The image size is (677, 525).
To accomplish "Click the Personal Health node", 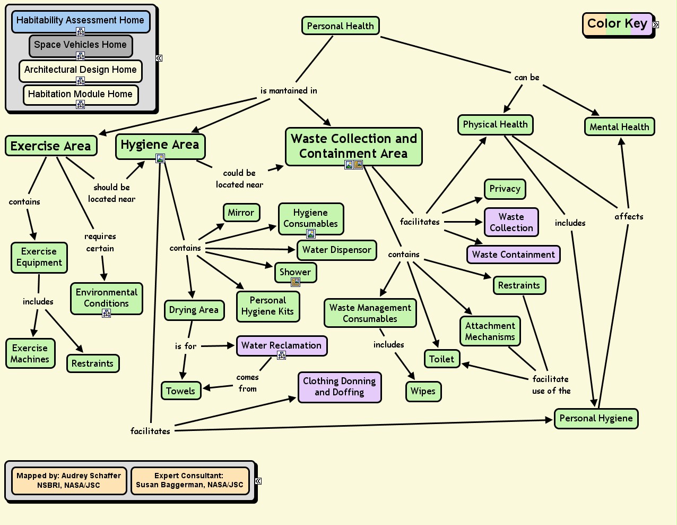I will [x=340, y=26].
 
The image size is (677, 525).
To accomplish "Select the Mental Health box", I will [x=619, y=127].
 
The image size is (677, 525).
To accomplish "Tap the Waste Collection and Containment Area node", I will [x=353, y=146].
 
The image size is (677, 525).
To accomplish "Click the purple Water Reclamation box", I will [x=281, y=345].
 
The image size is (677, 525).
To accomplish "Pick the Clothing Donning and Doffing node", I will [x=339, y=387].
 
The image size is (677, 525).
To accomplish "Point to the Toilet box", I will [x=441, y=359].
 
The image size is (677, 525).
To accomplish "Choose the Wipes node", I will [x=423, y=392].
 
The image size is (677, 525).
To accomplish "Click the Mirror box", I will [x=241, y=213].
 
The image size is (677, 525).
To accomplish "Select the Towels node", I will [x=180, y=391].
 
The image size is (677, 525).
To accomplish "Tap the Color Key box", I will [x=617, y=24].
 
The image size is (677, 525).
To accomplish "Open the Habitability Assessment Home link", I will [x=80, y=20].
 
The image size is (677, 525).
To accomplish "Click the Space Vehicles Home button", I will [x=80, y=45].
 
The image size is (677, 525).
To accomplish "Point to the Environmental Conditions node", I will [x=106, y=298].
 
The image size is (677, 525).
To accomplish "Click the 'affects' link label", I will [x=629, y=216].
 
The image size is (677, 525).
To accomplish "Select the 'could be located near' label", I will [x=239, y=179].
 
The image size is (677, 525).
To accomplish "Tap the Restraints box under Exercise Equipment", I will [x=92, y=363].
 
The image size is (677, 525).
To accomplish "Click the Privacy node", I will [x=505, y=189].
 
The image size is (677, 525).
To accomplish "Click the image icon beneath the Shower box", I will [x=296, y=282].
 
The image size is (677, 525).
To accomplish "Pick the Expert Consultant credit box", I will [x=189, y=480].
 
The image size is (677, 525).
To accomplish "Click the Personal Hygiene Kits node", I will [x=267, y=306].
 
